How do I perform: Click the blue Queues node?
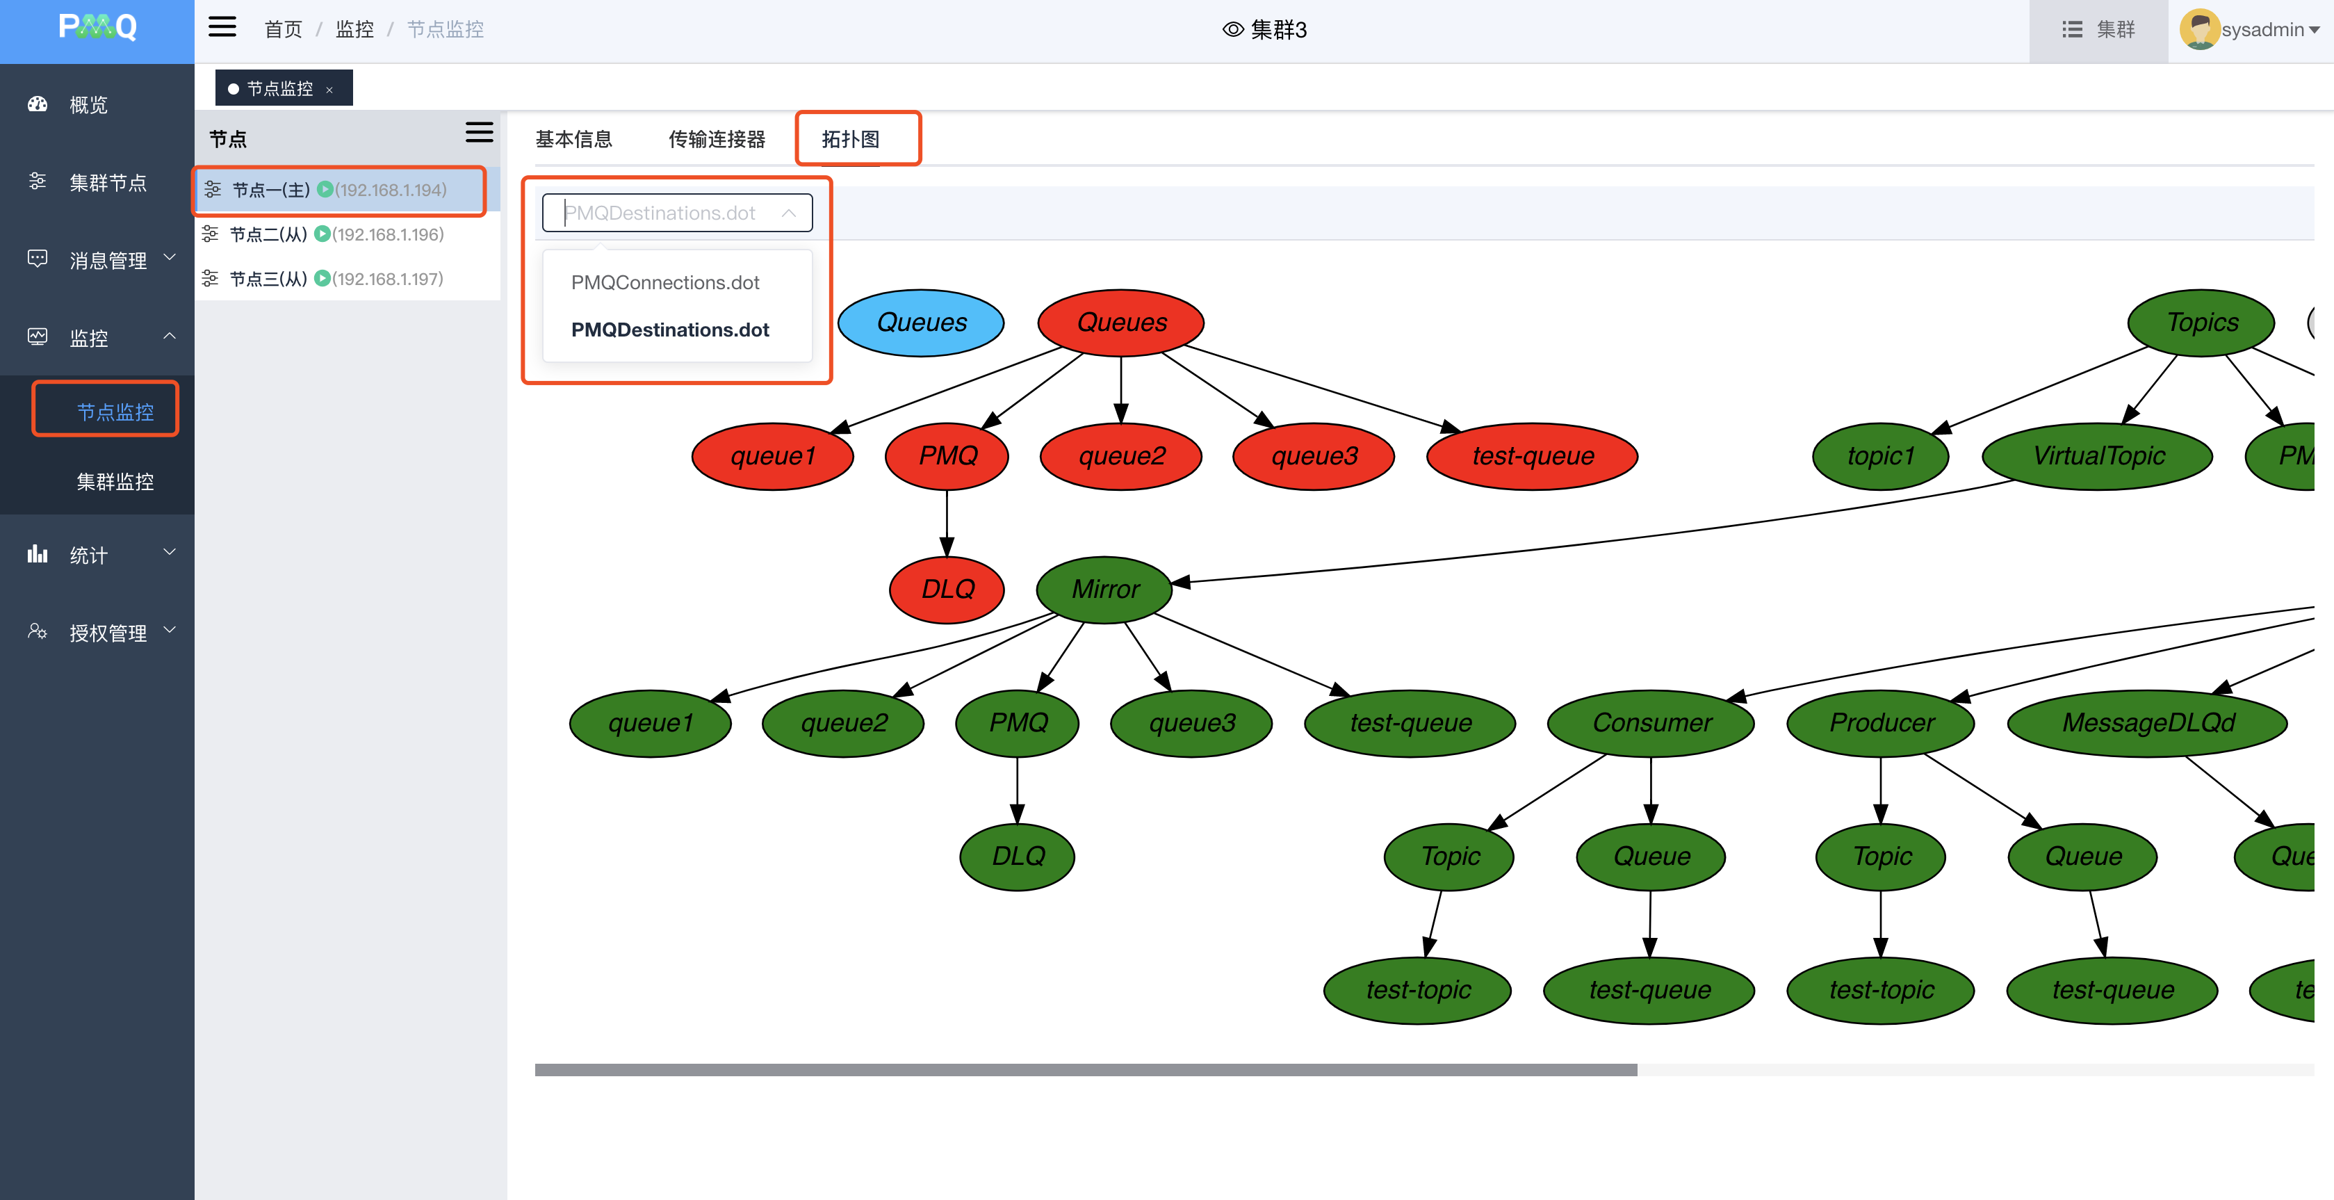pyautogui.click(x=920, y=323)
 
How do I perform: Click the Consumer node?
pyautogui.click(x=1651, y=723)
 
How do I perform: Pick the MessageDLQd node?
pyautogui.click(x=2147, y=723)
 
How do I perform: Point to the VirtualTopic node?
pyautogui.click(x=2098, y=456)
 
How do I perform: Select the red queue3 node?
pyautogui.click(x=1314, y=456)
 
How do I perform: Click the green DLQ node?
pyautogui.click(x=1018, y=857)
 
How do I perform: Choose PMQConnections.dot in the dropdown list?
pyautogui.click(x=665, y=283)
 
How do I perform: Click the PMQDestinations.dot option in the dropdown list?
pyautogui.click(x=669, y=330)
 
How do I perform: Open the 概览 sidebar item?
pyautogui.click(x=88, y=105)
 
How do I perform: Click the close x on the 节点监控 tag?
pyautogui.click(x=329, y=90)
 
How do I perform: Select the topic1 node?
pyautogui.click(x=1880, y=456)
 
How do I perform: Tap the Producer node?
pyautogui.click(x=1881, y=723)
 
